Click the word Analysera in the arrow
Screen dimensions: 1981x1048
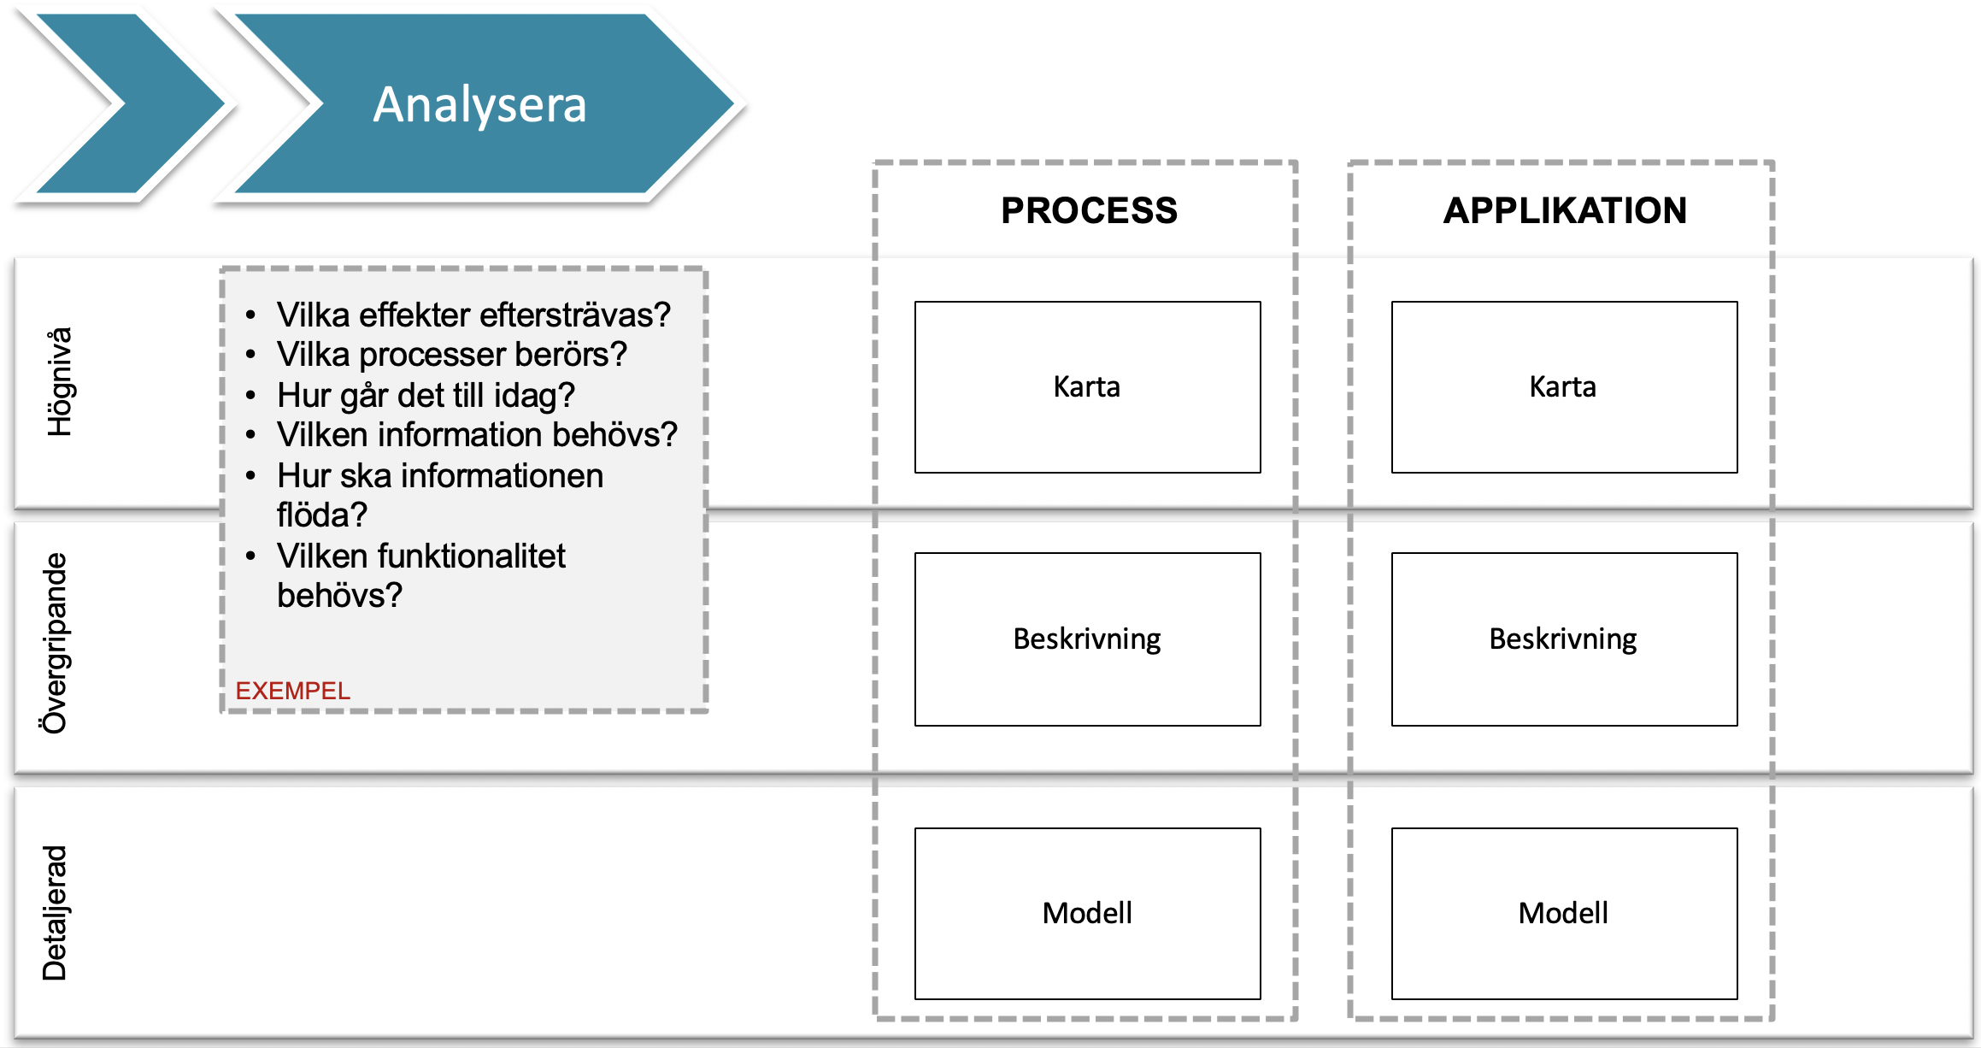click(479, 105)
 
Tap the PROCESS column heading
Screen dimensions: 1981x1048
click(1089, 210)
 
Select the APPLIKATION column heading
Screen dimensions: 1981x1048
click(1565, 210)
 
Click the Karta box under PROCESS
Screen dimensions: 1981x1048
click(1087, 387)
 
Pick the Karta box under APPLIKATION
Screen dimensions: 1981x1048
click(1564, 387)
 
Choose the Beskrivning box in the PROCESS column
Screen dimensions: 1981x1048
click(1087, 639)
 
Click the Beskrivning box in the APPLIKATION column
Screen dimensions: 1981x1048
click(1564, 639)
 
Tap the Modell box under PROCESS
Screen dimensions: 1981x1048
click(1087, 914)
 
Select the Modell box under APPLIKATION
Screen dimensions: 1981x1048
click(1564, 914)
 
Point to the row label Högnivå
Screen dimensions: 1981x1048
click(60, 382)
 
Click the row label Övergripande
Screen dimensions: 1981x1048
click(55, 643)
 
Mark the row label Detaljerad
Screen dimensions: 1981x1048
click(55, 913)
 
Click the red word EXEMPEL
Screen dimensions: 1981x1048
click(292, 691)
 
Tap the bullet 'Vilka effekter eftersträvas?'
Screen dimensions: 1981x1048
click(473, 315)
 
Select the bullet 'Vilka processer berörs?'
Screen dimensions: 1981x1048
click(451, 355)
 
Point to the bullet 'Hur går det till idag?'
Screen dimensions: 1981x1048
click(426, 396)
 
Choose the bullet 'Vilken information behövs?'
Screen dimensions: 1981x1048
click(477, 435)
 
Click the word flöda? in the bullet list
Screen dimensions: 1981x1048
click(321, 515)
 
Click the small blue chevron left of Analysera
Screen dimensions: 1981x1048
click(128, 103)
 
